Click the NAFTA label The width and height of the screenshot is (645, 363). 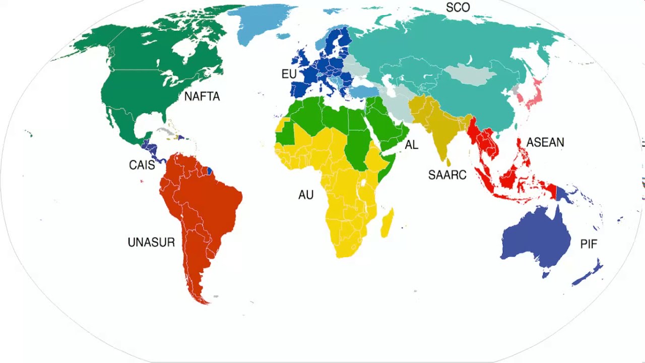pyautogui.click(x=202, y=96)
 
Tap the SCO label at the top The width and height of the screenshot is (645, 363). pyautogui.click(x=458, y=7)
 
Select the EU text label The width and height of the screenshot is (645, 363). pyautogui.click(x=289, y=74)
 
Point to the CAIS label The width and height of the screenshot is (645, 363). pyautogui.click(x=142, y=165)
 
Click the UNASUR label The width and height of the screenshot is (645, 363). pyautogui.click(x=151, y=243)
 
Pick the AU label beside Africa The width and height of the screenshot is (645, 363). pyautogui.click(x=306, y=195)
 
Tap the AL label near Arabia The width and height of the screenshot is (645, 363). pyautogui.click(x=412, y=145)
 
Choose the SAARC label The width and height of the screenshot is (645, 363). pyautogui.click(x=447, y=175)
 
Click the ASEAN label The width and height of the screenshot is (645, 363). pyautogui.click(x=545, y=143)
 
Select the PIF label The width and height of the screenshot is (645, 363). pyautogui.click(x=589, y=245)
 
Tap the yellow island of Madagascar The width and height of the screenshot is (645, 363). pyautogui.click(x=387, y=224)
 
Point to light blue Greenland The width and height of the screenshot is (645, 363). pyautogui.click(x=262, y=23)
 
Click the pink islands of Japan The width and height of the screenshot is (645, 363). pyautogui.click(x=533, y=96)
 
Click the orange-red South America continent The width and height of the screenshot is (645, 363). pyautogui.click(x=202, y=202)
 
